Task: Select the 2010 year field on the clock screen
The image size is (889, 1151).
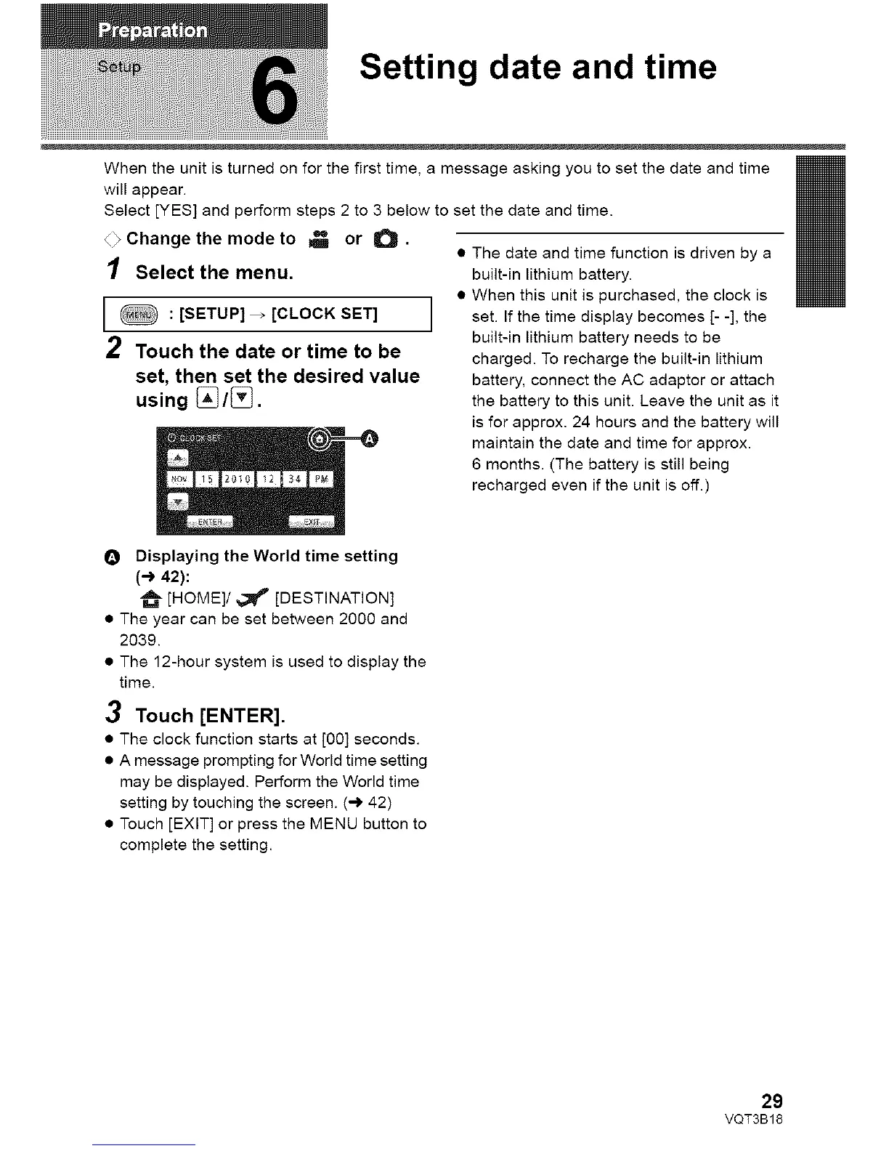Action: [237, 480]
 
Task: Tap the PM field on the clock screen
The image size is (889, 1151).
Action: [320, 480]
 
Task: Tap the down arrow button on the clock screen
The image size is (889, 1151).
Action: [178, 501]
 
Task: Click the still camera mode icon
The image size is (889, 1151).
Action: [383, 239]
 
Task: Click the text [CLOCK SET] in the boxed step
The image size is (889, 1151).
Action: [324, 314]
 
